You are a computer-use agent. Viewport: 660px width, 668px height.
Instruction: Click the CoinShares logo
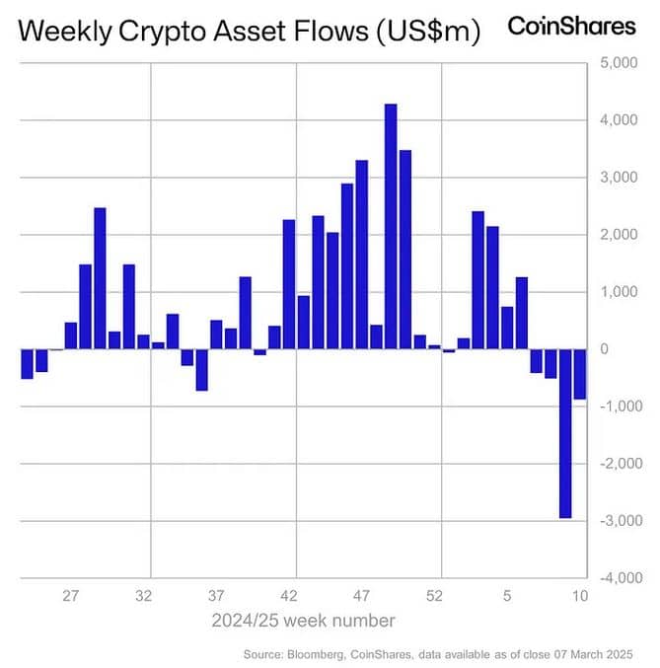[x=571, y=27]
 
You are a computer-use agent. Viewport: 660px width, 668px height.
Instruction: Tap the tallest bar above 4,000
[x=391, y=226]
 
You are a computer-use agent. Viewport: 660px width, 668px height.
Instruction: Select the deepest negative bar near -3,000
[x=565, y=433]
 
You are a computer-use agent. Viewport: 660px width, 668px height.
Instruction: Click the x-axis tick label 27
[x=71, y=596]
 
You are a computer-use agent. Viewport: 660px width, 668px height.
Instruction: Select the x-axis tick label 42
[x=289, y=596]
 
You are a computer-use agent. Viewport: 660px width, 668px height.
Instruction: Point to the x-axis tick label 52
[x=435, y=596]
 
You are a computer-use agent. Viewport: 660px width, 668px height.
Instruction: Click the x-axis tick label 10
[x=580, y=596]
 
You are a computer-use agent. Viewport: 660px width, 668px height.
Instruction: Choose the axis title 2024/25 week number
[x=304, y=621]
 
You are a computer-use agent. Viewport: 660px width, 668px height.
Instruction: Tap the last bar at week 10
[x=580, y=374]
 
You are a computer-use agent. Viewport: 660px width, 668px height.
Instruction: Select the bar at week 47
[x=361, y=255]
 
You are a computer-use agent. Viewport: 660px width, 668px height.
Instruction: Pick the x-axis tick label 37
[x=216, y=596]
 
